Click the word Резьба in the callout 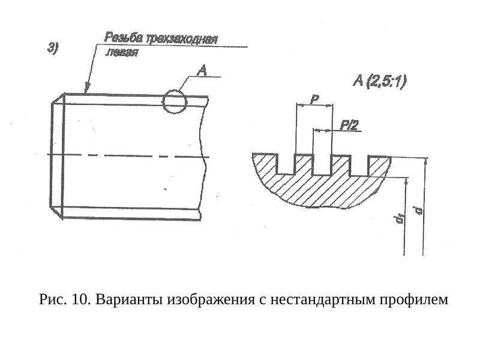[x=124, y=38]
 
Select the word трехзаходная [x=181, y=40]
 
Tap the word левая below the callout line [x=122, y=52]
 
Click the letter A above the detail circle [x=202, y=71]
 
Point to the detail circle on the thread [x=174, y=90]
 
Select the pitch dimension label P [x=314, y=100]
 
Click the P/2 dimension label [x=349, y=125]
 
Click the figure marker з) [x=52, y=49]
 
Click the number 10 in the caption [x=81, y=299]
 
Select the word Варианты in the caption [x=129, y=299]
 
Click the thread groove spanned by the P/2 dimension [x=322, y=166]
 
